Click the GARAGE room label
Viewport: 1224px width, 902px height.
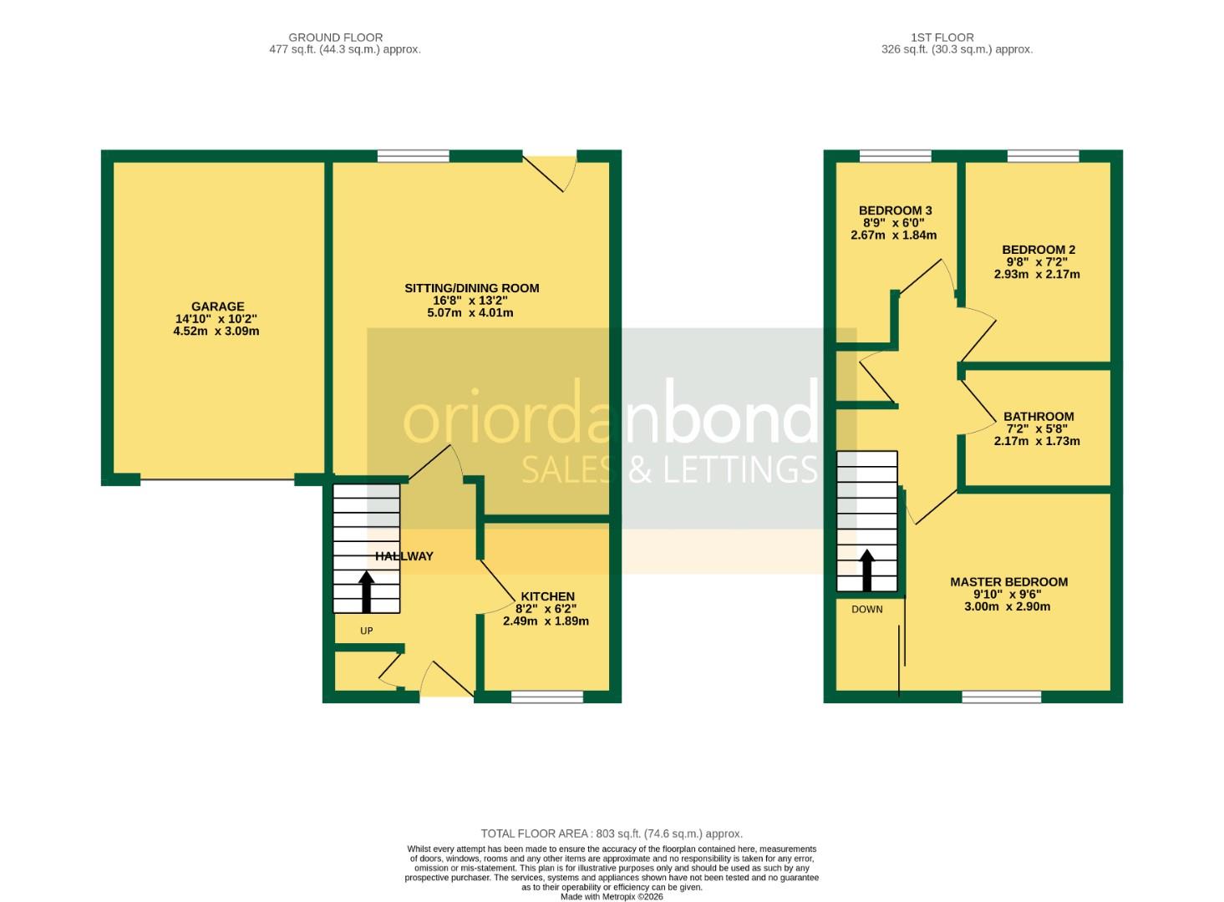217,307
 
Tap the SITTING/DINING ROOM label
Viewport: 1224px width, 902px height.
471,288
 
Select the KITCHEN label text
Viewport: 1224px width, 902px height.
547,596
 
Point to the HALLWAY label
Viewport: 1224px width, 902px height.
404,556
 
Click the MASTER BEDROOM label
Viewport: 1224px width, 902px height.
1008,582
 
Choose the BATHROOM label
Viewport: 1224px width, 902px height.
1038,417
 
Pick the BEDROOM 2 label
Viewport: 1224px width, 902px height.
1038,250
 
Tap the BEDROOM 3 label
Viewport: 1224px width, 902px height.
895,210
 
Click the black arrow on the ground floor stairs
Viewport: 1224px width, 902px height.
366,591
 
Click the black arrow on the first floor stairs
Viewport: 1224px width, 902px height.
866,570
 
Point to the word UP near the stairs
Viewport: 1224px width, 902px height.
366,631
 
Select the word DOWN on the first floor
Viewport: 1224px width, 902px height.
866,610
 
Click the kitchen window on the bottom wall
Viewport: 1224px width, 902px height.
547,697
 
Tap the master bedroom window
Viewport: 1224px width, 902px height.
1001,697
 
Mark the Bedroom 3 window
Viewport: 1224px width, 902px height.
895,156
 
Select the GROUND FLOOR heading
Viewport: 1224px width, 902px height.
335,38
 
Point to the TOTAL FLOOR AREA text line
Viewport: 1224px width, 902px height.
611,834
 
